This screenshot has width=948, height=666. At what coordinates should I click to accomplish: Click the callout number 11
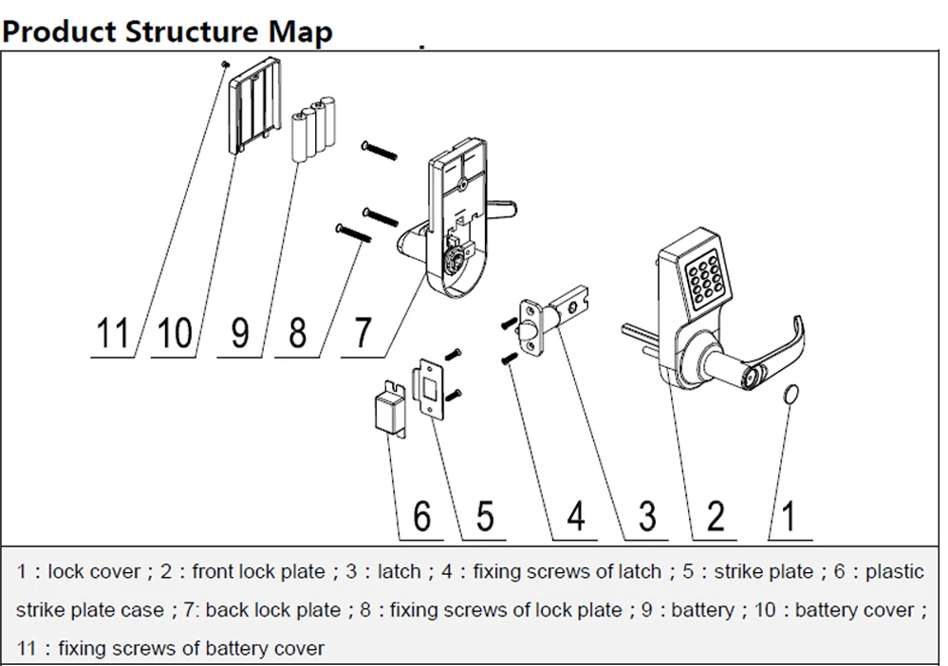click(x=112, y=333)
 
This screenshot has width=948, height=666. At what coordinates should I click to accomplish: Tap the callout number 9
click(x=241, y=333)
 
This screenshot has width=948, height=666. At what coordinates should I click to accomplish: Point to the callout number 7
click(x=363, y=333)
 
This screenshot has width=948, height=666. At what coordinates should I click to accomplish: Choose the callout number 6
click(x=421, y=516)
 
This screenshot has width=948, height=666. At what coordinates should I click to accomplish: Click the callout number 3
click(x=647, y=516)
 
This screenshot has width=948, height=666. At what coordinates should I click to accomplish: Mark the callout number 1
click(x=789, y=516)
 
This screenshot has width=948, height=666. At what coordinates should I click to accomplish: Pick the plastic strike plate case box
click(x=386, y=412)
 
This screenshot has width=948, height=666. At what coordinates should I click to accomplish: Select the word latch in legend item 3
click(x=399, y=571)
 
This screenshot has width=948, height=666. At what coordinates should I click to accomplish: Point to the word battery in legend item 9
click(x=702, y=610)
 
